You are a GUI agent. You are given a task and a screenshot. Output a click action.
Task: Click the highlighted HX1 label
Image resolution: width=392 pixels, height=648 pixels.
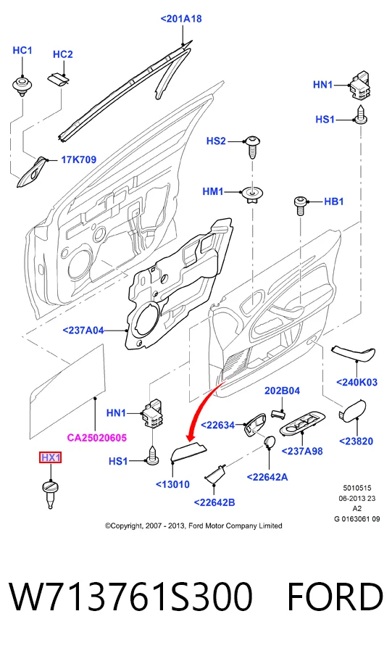pos(51,457)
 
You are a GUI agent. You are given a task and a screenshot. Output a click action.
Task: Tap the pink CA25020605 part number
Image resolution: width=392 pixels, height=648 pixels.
pos(96,437)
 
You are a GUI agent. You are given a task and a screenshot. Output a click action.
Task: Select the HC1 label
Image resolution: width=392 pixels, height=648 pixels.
pos(22,51)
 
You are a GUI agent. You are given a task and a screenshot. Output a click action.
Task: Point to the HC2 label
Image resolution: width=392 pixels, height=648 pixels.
pos(63,54)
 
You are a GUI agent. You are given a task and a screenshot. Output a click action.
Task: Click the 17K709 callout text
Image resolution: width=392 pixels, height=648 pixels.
pos(78,159)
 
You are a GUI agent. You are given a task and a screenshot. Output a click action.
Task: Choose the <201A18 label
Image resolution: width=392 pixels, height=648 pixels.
pos(181,19)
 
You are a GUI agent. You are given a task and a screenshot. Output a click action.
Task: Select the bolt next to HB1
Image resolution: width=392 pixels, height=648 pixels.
pos(300,205)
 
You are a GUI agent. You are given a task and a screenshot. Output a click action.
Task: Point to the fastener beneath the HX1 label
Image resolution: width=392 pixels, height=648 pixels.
pos(51,493)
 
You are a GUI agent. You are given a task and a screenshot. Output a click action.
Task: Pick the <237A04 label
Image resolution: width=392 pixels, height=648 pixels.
pos(83,331)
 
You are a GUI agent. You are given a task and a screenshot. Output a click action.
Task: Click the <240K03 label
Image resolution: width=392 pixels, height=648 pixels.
pos(356,382)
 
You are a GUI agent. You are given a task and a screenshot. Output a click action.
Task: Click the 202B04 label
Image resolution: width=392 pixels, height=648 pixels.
pos(282,391)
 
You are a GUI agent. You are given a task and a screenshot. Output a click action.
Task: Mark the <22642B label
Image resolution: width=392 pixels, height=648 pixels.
pos(214,502)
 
